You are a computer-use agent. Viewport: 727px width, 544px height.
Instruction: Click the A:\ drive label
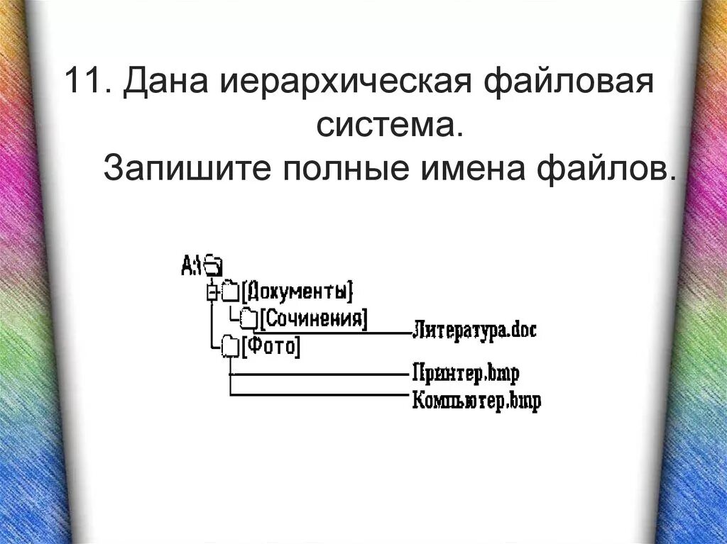(x=191, y=265)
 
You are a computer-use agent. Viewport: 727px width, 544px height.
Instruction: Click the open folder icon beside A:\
(x=213, y=265)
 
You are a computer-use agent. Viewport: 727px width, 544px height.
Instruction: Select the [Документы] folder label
(x=297, y=291)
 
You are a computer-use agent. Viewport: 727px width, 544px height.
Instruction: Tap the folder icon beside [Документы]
(x=229, y=291)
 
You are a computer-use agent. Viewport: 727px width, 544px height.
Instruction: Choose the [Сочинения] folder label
(x=313, y=318)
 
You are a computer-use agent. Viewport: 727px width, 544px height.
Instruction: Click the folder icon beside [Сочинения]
(x=248, y=318)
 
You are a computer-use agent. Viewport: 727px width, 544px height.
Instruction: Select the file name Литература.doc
(x=474, y=330)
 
